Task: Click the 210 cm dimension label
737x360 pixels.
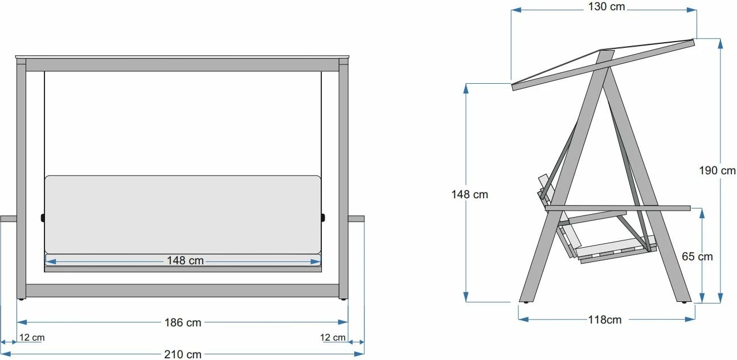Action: [182, 354]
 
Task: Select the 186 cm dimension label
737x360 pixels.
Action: [182, 322]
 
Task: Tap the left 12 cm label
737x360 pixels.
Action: [31, 337]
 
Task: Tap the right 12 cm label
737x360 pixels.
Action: [333, 337]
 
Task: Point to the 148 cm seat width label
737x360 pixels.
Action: [185, 261]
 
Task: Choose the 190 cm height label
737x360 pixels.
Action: [718, 170]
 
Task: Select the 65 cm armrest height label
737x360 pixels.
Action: [697, 256]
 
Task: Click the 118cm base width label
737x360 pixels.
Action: [604, 320]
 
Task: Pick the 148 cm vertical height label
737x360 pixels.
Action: [469, 194]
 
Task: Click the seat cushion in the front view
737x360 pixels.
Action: [182, 214]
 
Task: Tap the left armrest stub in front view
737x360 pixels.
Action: [9, 219]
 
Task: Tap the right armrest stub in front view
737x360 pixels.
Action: [356, 219]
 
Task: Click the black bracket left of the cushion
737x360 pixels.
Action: [43, 218]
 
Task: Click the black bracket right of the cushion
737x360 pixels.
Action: [323, 218]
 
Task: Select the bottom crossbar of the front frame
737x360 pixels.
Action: [182, 291]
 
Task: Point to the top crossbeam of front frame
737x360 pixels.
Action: [182, 64]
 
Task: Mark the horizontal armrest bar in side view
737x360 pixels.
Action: [618, 208]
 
